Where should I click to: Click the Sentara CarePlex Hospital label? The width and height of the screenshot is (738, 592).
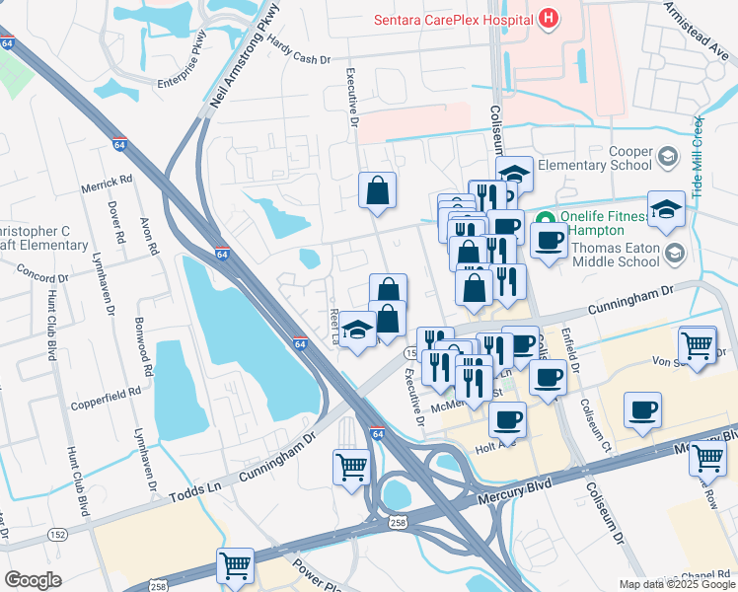coord(452,20)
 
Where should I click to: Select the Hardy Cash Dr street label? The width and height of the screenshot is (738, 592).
coord(300,58)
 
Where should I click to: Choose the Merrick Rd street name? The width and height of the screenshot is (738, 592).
coord(108,182)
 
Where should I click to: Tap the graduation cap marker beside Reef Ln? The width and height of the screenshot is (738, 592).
coord(357,328)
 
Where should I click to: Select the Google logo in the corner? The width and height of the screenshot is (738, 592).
coord(33,579)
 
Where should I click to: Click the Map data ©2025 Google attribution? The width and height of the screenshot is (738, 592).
coord(676,584)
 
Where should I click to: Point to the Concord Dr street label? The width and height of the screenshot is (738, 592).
coord(40,278)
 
